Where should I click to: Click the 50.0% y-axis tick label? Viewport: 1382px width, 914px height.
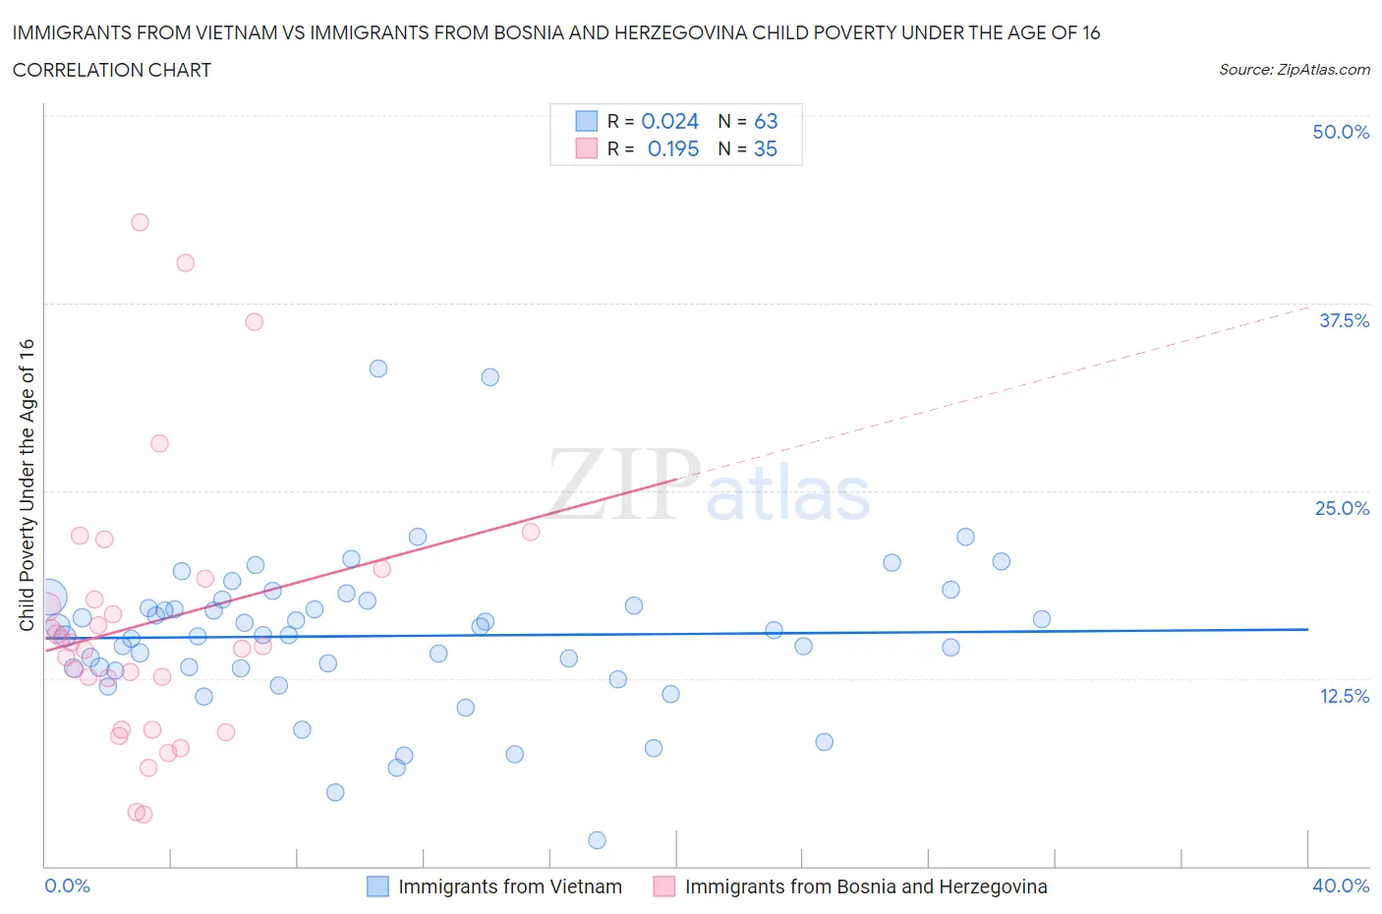(x=1341, y=132)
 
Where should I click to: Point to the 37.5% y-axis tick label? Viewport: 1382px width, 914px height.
(x=1344, y=320)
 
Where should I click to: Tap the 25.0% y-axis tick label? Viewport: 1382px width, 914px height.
(x=1342, y=508)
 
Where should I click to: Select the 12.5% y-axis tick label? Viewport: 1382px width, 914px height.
(x=1344, y=696)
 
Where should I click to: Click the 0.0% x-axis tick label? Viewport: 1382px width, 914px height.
(x=67, y=885)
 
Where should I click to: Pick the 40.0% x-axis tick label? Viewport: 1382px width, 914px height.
(x=1341, y=885)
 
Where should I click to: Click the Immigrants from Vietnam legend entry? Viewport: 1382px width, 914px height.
(x=509, y=886)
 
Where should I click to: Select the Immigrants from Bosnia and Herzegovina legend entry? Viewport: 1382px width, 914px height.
(x=865, y=886)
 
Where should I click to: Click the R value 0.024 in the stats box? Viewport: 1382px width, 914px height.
(x=669, y=121)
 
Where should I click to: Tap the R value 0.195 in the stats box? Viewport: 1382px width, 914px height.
(x=673, y=148)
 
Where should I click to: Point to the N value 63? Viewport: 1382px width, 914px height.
(x=766, y=121)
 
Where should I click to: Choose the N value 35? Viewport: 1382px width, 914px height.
(x=765, y=148)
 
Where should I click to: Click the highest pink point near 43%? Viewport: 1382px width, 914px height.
(x=140, y=222)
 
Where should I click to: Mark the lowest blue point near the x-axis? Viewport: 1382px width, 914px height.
(x=597, y=840)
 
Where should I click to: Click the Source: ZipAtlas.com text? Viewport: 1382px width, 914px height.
(x=1294, y=70)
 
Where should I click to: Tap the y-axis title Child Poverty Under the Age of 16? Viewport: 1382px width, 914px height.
(x=27, y=485)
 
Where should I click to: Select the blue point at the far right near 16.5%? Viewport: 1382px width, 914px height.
(x=1042, y=619)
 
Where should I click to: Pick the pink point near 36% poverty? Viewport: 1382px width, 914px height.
(x=254, y=321)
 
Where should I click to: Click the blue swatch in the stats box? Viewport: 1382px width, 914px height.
(x=586, y=121)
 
